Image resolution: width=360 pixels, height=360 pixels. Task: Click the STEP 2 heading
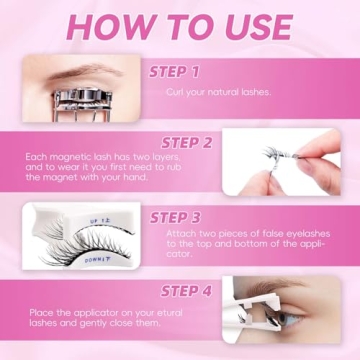click(181, 142)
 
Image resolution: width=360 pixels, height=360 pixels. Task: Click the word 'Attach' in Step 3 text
click(180, 233)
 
